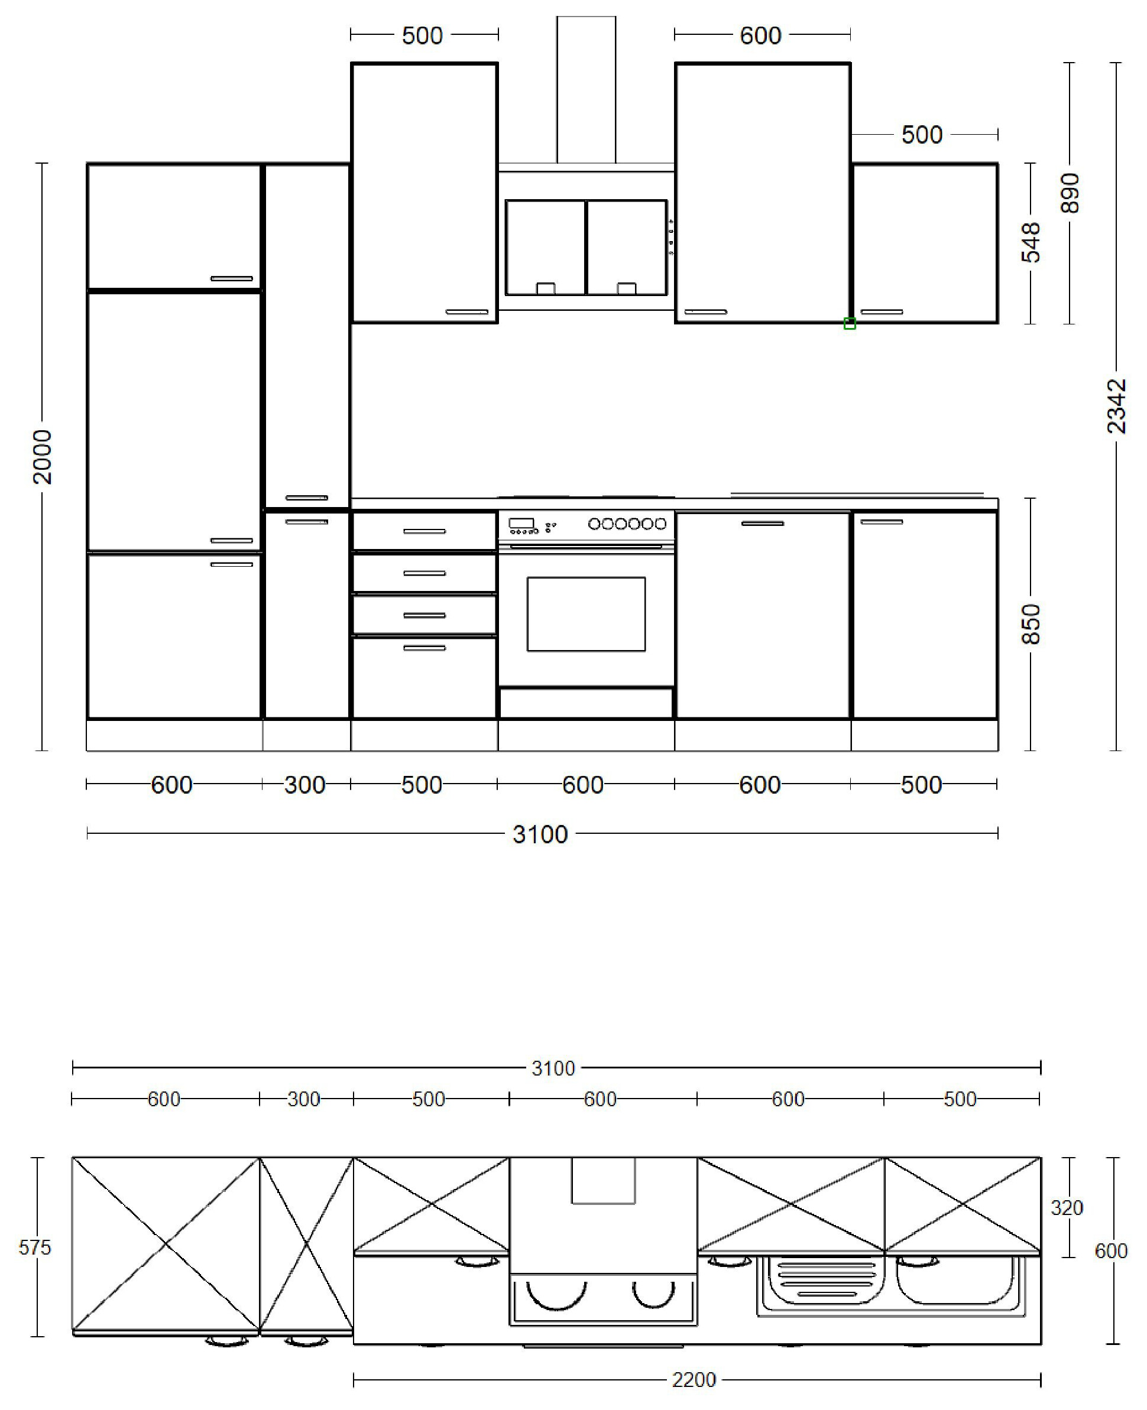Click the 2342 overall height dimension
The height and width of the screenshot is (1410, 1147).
(x=1116, y=405)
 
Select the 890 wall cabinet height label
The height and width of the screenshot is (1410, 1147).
(x=1070, y=193)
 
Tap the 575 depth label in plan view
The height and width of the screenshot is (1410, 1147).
(x=34, y=1247)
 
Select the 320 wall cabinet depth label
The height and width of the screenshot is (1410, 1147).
(x=1067, y=1208)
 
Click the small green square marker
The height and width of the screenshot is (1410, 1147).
(x=850, y=324)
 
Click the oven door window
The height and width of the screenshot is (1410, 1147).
(x=585, y=614)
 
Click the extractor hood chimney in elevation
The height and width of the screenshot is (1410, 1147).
(x=585, y=89)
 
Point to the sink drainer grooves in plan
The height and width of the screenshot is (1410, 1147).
(x=816, y=1279)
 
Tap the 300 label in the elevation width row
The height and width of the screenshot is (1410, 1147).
(x=304, y=785)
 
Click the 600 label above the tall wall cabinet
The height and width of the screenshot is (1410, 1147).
(x=760, y=35)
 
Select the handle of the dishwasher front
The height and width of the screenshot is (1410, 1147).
(x=763, y=524)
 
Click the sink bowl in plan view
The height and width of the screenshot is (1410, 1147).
(x=952, y=1282)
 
